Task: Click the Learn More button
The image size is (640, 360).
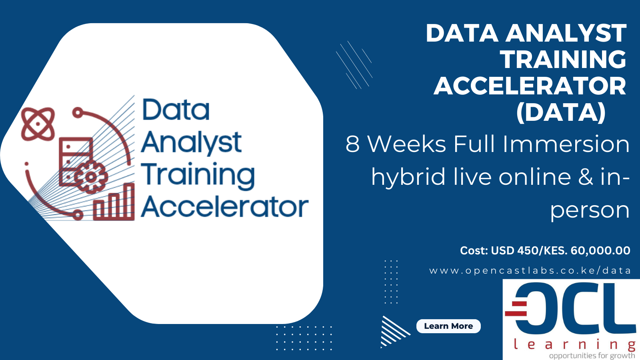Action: (x=448, y=326)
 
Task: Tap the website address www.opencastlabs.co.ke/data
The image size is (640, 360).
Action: (x=530, y=271)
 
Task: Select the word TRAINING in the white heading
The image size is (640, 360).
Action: (x=563, y=60)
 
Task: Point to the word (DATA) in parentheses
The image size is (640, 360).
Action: (x=561, y=112)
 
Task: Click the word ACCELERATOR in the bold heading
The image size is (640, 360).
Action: (x=530, y=86)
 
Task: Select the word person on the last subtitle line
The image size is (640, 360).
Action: (x=590, y=210)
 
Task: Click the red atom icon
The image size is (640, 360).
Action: (x=38, y=124)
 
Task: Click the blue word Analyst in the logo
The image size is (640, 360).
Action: (x=191, y=143)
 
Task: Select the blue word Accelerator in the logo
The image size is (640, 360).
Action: (x=224, y=207)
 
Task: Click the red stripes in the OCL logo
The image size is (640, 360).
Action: (x=516, y=308)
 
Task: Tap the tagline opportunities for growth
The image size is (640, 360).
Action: (x=592, y=356)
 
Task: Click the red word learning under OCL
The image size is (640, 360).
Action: (x=574, y=344)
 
